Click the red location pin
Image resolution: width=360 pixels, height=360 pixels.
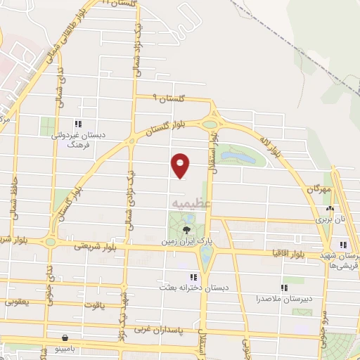coord(181,165)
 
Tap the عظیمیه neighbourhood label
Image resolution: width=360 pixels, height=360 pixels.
coord(186,202)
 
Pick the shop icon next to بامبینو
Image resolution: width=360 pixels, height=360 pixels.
coord(65,338)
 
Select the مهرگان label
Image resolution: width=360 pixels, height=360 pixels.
coord(316,190)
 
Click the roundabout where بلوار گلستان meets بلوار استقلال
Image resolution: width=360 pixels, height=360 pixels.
coord(210,124)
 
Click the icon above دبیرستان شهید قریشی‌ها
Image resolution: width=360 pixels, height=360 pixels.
coord(343,245)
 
